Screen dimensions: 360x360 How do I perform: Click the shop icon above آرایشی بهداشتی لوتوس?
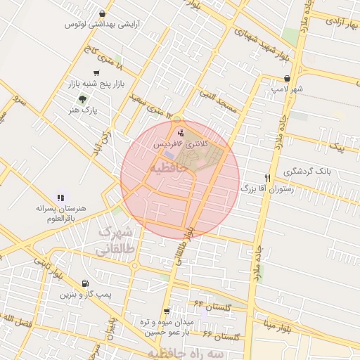103,13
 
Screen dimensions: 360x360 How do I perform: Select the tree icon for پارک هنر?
83,99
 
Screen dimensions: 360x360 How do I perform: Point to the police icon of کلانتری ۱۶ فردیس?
181,131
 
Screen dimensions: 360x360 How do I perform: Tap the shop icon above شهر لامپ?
286,79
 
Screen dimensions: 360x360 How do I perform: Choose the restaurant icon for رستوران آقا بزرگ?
267,177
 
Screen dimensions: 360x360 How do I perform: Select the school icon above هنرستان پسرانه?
60,198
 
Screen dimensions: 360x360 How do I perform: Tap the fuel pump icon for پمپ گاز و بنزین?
85,283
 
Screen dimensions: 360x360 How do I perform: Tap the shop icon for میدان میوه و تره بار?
166,310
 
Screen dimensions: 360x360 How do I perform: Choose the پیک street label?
338,148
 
